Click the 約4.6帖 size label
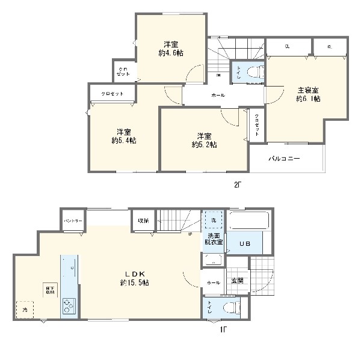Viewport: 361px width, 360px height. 171,53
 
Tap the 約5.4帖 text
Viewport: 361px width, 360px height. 124,141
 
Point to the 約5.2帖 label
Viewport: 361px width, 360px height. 205,144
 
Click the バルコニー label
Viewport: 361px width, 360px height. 285,158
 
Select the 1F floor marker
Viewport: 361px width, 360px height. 223,329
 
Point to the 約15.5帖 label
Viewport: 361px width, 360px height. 138,282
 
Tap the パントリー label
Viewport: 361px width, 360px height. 73,221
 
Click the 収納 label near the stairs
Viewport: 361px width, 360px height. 144,220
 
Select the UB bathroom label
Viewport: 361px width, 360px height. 245,243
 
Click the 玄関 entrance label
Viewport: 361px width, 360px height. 236,281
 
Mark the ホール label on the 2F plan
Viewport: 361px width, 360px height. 218,96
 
